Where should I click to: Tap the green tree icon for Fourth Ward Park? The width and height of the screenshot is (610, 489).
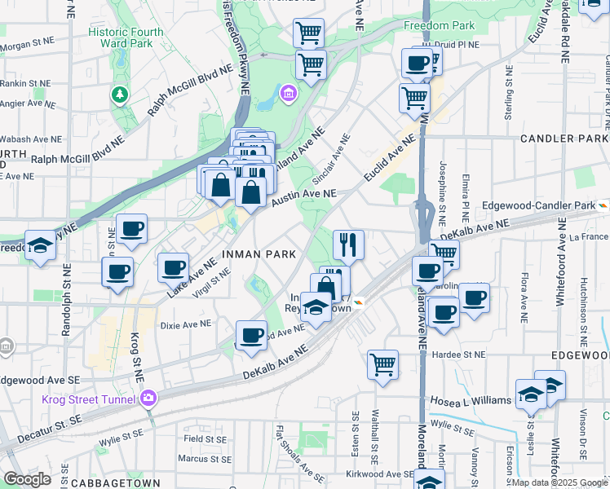point(120,95)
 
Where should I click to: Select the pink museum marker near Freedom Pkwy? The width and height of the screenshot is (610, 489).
point(288,95)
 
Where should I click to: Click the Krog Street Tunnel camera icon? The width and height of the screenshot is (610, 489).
point(148,399)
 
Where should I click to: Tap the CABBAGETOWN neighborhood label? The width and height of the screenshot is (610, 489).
point(108,482)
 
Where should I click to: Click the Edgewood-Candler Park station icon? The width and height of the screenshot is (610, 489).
point(603,205)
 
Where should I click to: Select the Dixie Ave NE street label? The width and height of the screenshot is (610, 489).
point(185,324)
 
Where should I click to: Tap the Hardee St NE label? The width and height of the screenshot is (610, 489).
point(459,355)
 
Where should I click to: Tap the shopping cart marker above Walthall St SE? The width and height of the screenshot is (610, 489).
point(382,364)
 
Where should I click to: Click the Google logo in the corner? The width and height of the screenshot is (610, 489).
point(26,479)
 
